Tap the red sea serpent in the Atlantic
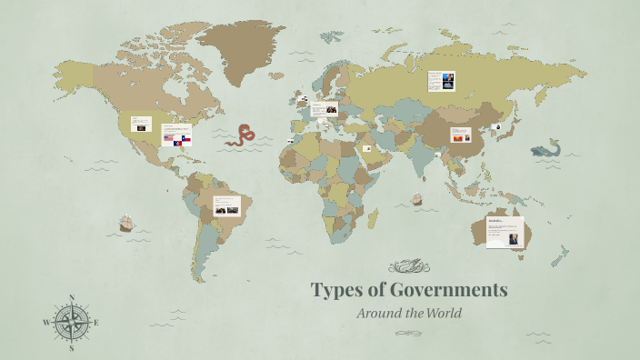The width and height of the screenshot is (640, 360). point(240,135)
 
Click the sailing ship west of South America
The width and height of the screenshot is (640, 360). point(126,223)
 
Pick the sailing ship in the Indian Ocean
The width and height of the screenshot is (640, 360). point(417,197)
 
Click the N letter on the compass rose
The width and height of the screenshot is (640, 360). point(72,297)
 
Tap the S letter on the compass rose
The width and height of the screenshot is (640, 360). point(72,347)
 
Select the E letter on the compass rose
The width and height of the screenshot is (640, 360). point(96,323)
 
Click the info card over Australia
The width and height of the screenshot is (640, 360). point(505,232)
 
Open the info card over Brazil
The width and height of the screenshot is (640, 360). point(226,205)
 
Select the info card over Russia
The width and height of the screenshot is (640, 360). point(441,81)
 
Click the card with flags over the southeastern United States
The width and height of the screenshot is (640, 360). point(175,135)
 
